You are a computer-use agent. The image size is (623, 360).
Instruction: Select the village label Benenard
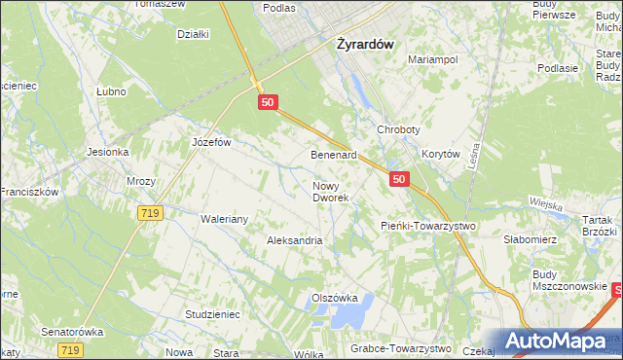click(334, 155)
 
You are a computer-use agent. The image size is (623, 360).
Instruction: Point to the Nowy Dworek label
click(330, 191)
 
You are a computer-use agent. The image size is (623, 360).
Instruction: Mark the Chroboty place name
click(397, 130)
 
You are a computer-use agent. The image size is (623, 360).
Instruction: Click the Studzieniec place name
click(211, 314)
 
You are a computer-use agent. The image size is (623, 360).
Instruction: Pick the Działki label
click(194, 34)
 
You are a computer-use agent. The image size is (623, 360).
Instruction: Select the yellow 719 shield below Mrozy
click(149, 211)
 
